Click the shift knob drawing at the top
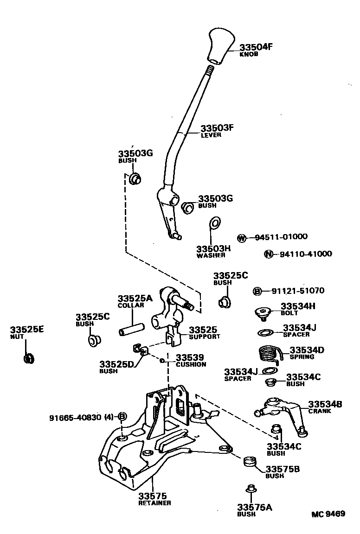[219, 46]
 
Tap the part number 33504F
[255, 47]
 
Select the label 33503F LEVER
[217, 131]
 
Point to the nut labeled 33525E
[29, 358]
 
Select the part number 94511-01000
[281, 237]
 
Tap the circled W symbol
[241, 238]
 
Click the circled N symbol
[268, 254]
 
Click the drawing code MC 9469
[328, 514]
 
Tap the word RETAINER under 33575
[154, 503]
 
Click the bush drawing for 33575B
[251, 462]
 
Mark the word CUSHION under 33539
[191, 364]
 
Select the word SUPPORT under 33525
[205, 336]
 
